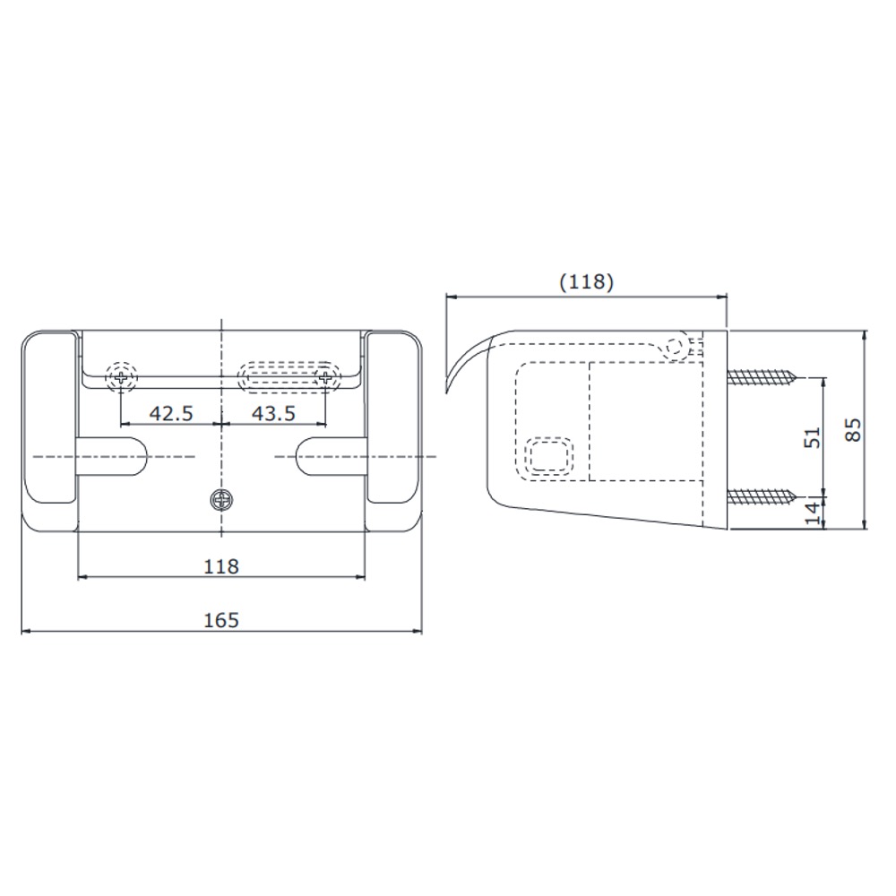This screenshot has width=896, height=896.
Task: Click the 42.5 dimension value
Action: tap(171, 412)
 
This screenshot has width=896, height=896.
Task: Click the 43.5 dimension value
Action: tap(273, 412)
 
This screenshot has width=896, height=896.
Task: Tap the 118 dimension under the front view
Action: tap(221, 566)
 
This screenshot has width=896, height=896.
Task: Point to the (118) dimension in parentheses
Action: tap(586, 281)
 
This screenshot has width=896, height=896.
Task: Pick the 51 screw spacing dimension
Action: tap(812, 437)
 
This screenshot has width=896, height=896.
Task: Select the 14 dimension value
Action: tap(812, 512)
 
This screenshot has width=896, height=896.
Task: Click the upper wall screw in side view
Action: tap(762, 377)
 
